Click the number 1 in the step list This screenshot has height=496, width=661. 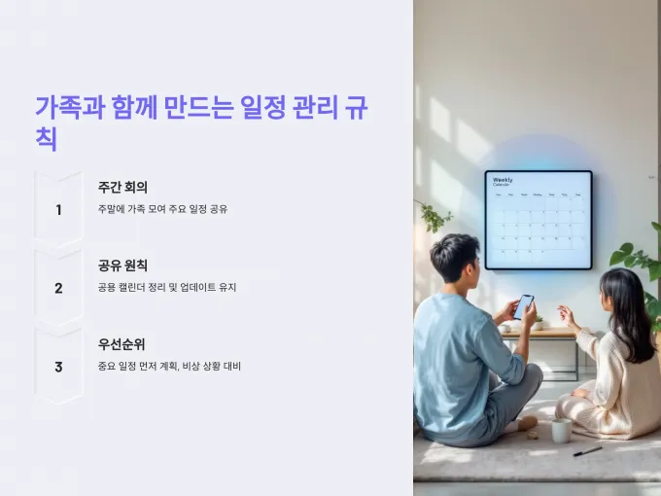point(58,210)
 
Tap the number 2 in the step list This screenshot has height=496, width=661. point(58,288)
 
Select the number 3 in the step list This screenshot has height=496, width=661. point(58,367)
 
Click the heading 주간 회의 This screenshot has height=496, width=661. point(122,188)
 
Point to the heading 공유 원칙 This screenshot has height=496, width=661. point(122,266)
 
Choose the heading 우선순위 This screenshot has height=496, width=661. point(122,344)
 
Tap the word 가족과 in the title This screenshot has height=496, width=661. point(70,108)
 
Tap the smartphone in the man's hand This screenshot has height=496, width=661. point(524,306)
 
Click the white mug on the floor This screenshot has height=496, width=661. point(562,430)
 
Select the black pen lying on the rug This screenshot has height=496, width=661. point(587,451)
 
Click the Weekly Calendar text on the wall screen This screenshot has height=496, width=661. point(503,182)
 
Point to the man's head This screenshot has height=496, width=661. point(456,259)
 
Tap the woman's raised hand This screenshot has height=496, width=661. point(567,316)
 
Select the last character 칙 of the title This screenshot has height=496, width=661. point(46,139)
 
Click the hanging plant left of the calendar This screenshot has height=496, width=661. point(433,216)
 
